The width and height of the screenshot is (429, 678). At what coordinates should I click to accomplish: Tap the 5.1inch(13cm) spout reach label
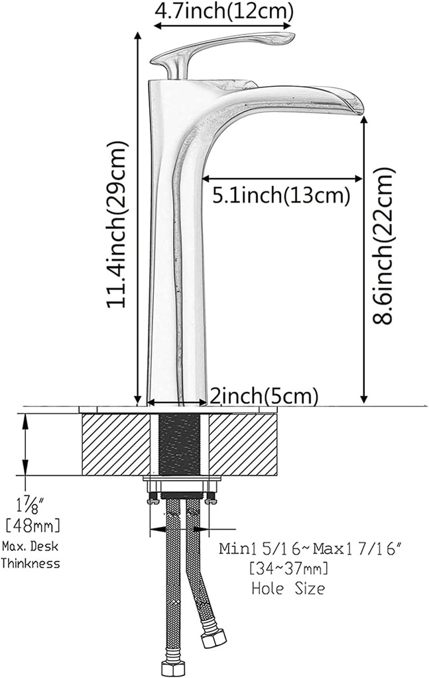pos(280,195)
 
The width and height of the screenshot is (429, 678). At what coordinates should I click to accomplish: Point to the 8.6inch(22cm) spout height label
pos(384,245)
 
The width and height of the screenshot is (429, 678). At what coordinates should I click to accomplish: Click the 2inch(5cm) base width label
pos(264,396)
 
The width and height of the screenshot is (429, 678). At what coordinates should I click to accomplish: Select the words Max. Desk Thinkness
pos(31,555)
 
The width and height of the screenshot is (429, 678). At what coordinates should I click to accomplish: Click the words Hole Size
pos(288,588)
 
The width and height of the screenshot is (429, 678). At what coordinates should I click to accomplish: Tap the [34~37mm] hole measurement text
pos(288,568)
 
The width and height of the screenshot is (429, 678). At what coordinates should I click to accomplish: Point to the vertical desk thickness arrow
pos(26,444)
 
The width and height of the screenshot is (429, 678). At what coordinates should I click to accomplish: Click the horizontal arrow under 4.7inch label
pos(223,26)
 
